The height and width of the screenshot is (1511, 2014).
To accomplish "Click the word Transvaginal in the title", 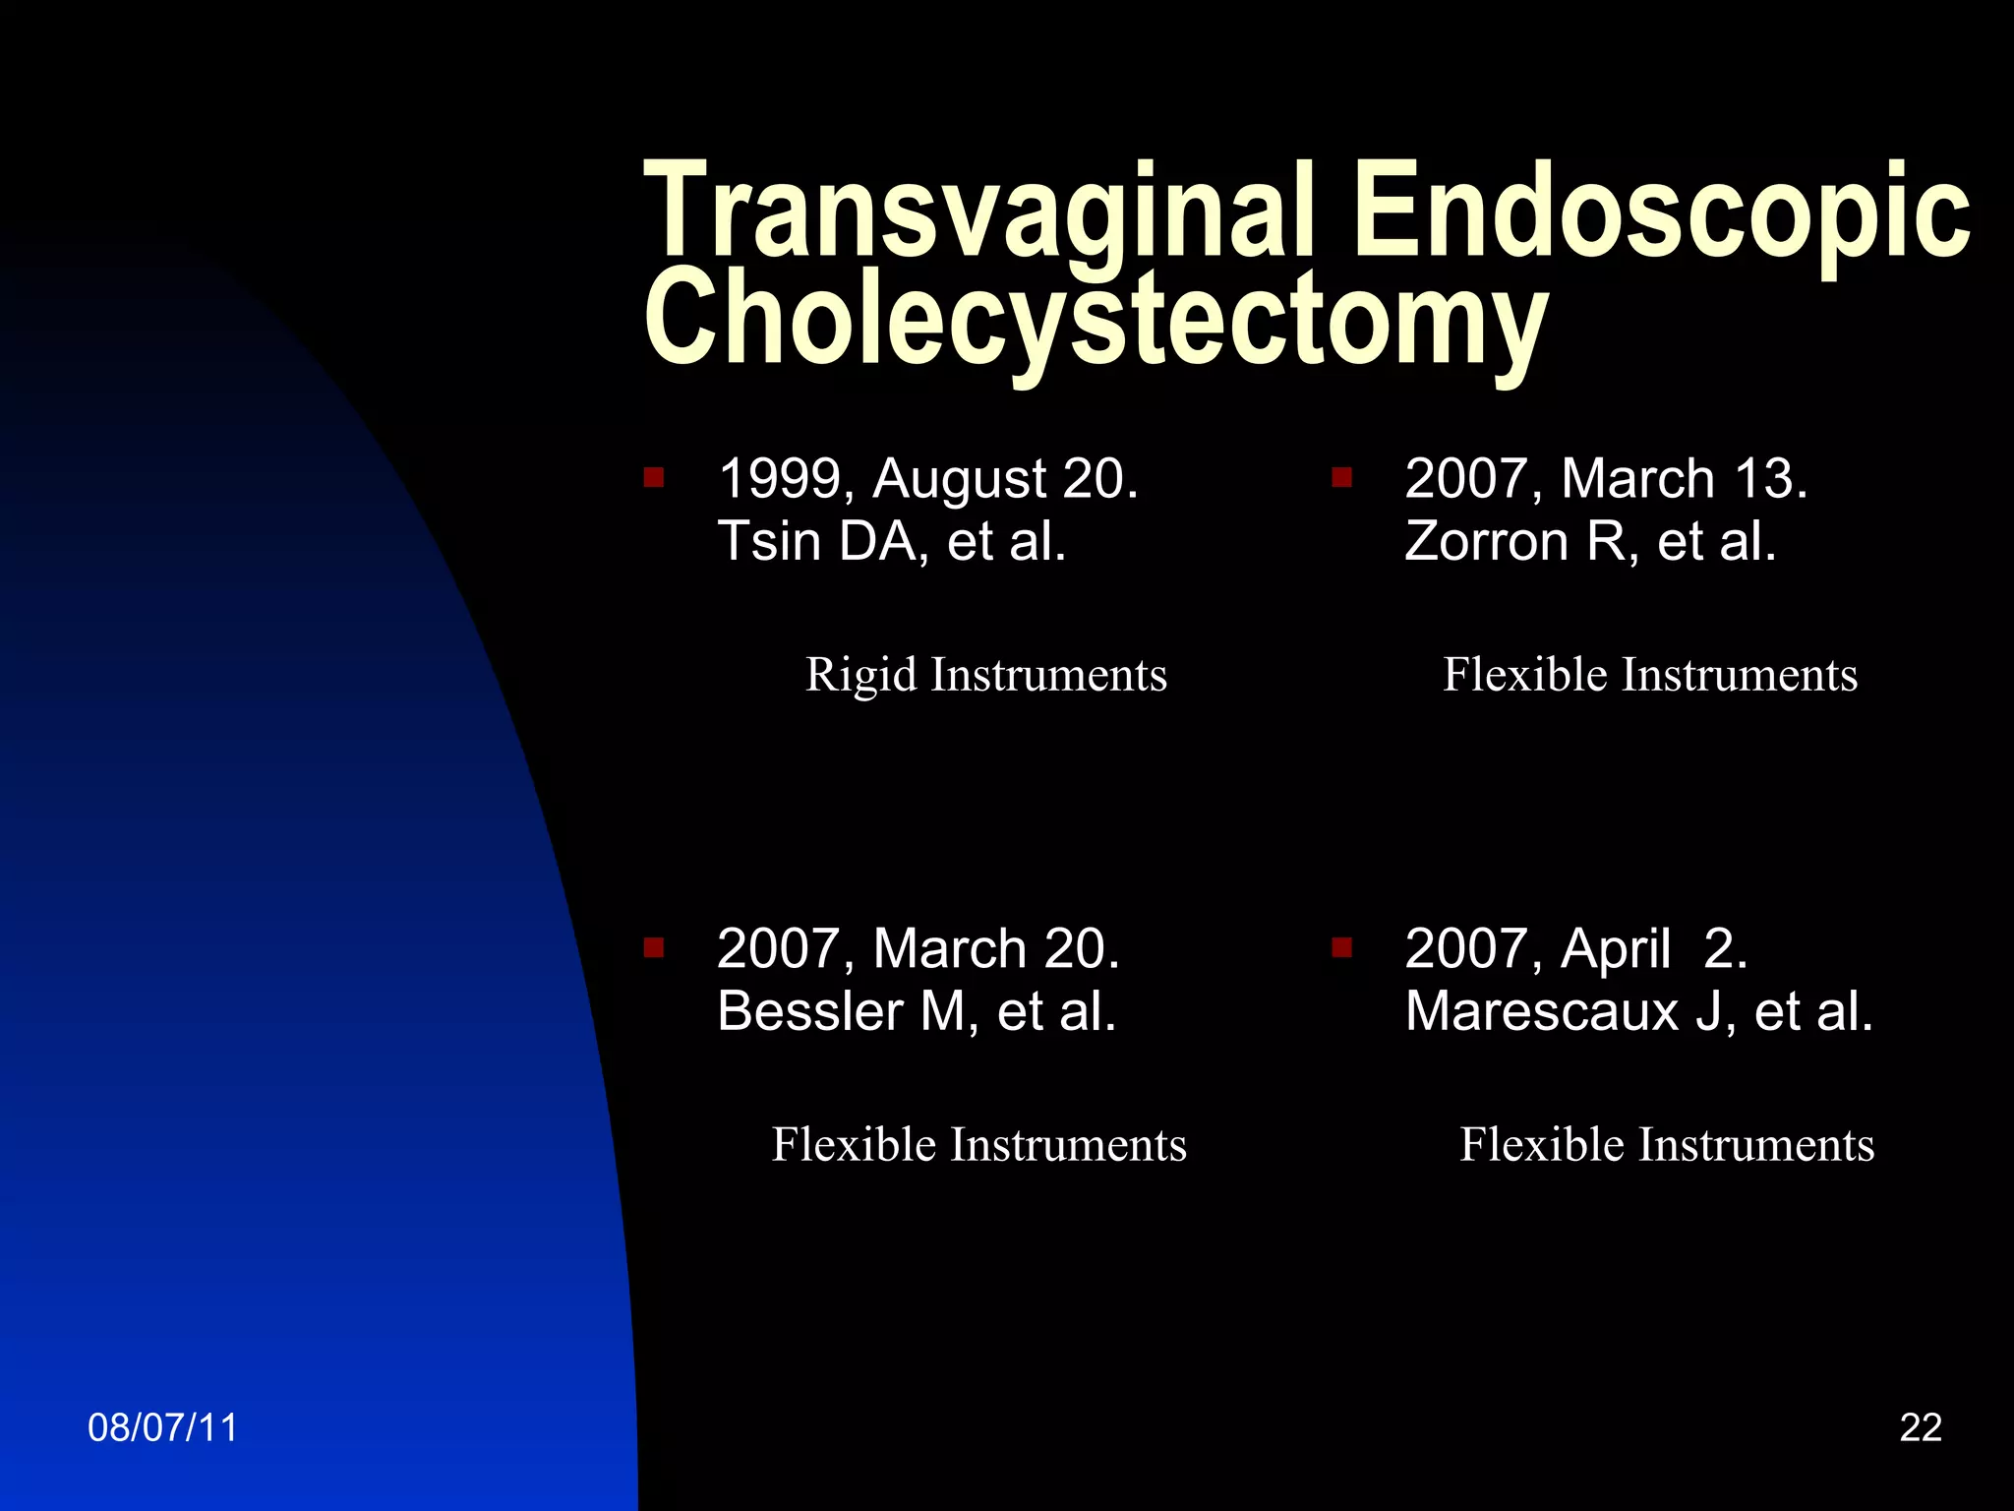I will click(x=978, y=212).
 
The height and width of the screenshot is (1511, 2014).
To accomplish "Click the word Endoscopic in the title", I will click(x=1662, y=212).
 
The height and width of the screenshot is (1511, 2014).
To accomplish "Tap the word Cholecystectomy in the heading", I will click(x=1096, y=320).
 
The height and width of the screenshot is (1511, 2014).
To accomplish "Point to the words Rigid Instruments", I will click(x=986, y=675).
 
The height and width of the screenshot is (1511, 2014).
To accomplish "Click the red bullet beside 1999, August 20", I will click(x=654, y=478).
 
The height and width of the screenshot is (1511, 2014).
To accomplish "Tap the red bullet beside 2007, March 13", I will click(x=1341, y=478).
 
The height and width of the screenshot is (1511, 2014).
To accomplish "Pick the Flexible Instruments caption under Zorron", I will click(x=1650, y=675).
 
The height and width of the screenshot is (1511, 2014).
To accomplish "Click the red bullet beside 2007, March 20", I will click(x=654, y=947).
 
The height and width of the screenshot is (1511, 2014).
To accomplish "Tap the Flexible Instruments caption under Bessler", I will click(x=978, y=1144).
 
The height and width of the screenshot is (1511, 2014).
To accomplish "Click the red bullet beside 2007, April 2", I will click(x=1341, y=947).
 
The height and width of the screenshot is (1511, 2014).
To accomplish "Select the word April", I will click(x=1615, y=950).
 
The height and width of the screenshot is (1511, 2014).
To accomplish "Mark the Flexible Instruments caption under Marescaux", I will click(x=1667, y=1144).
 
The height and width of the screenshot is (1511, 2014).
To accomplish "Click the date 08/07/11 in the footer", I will click(x=162, y=1427).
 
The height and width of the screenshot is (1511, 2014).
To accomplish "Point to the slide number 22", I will click(x=1921, y=1427).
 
